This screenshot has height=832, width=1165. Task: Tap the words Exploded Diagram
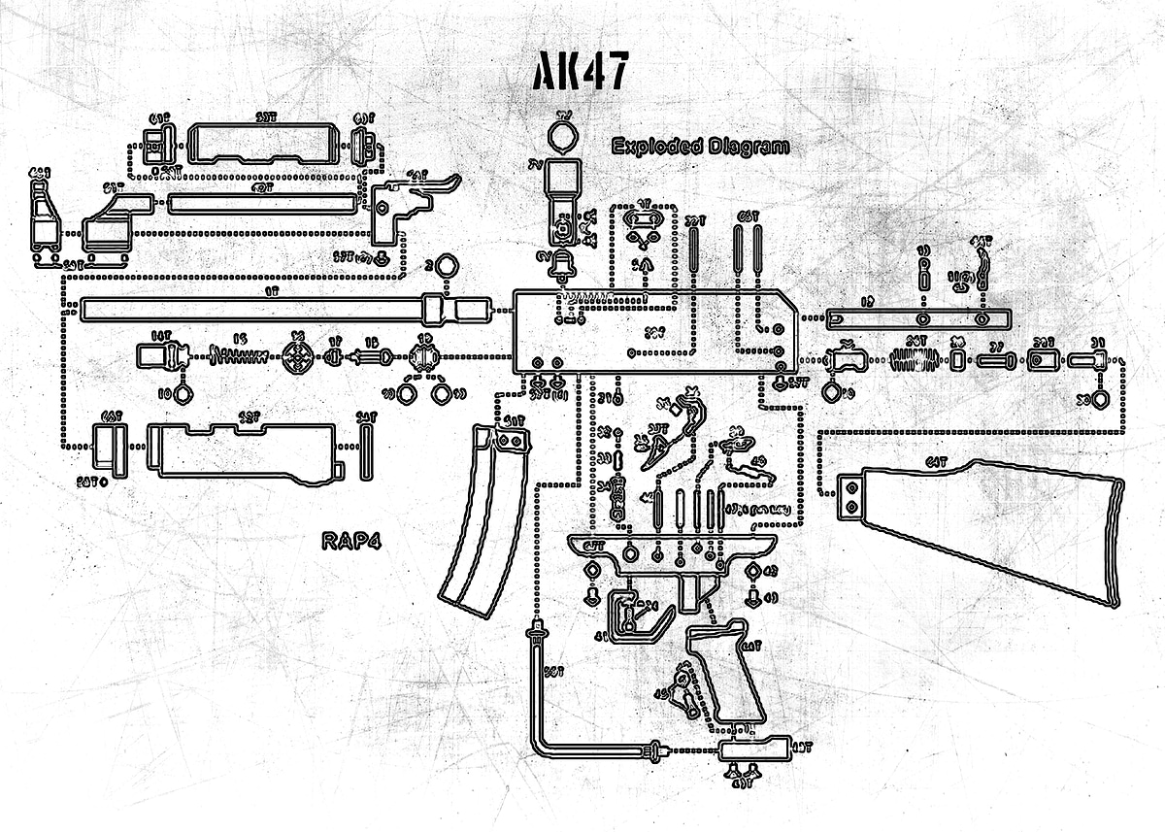pyautogui.click(x=700, y=147)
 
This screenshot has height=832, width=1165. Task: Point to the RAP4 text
pyautogui.click(x=350, y=541)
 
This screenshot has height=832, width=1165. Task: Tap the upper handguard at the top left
pyautogui.click(x=262, y=144)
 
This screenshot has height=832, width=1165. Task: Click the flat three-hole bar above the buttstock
pyautogui.click(x=918, y=318)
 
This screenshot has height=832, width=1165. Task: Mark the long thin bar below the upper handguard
pyautogui.click(x=262, y=204)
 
